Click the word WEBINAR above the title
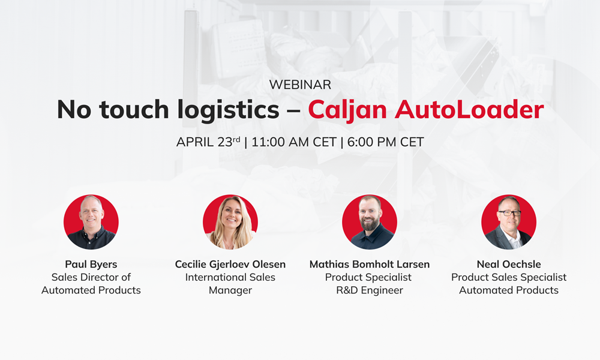tap(300, 85)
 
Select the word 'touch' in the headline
tap(134, 109)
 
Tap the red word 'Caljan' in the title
tap(348, 110)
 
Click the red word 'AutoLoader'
tap(470, 110)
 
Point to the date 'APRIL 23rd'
tap(208, 142)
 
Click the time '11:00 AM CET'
tap(294, 142)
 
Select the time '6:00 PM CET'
tap(386, 142)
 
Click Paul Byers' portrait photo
tap(91, 222)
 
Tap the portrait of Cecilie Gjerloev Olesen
tap(230, 222)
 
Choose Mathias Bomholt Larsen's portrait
tap(370, 222)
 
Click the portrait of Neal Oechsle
tap(509, 222)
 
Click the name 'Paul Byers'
tap(91, 265)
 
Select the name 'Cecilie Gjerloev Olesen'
tap(230, 265)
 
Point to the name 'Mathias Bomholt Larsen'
tap(370, 265)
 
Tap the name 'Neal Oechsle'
tap(509, 265)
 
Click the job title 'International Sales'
tap(230, 277)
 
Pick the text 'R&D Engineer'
tap(370, 290)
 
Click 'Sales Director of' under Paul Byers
tap(91, 277)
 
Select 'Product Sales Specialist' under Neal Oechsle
tap(509, 277)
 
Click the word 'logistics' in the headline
tap(229, 110)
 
